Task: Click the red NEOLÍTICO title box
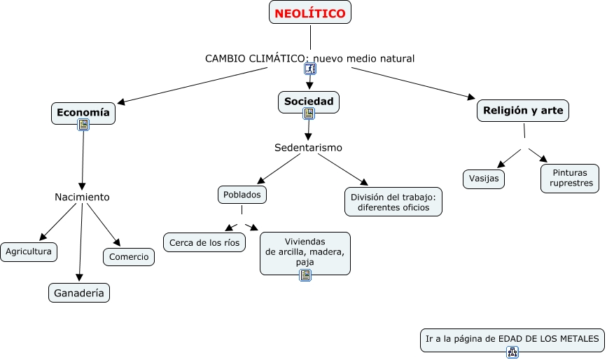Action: point(310,13)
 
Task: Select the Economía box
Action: point(83,113)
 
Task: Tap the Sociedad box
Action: point(309,102)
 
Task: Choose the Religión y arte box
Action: point(523,110)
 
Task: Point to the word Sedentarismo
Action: point(308,148)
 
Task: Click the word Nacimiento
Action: point(82,197)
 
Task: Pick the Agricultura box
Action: point(29,251)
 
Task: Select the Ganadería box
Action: point(79,293)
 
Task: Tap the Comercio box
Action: point(129,257)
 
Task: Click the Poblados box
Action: point(242,194)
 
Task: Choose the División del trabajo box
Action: point(393,202)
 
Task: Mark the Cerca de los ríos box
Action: point(204,242)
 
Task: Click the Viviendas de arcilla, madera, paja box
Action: point(305,252)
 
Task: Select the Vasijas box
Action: point(484,179)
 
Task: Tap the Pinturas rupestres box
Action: point(570,178)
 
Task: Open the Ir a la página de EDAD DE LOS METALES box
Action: point(512,338)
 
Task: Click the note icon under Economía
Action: point(83,125)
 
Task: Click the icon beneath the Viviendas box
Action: point(305,275)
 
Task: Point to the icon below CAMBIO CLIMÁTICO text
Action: point(310,69)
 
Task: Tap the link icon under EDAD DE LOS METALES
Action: point(512,352)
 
